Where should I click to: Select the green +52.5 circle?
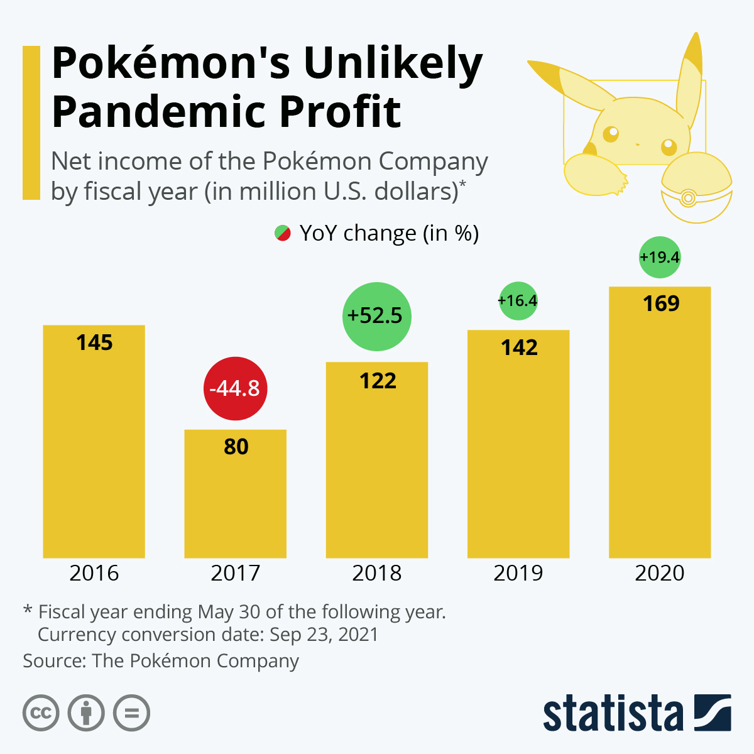376,315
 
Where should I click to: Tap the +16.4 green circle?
518,301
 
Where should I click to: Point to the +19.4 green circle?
660,257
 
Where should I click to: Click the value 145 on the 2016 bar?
94,342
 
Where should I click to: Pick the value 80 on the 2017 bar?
236,447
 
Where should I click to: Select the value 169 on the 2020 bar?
661,303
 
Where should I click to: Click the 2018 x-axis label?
376,573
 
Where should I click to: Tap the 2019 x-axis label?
518,573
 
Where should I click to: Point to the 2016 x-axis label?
94,573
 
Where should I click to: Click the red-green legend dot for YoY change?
283,233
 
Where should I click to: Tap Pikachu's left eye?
610,134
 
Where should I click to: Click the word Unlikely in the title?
393,63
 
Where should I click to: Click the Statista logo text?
613,714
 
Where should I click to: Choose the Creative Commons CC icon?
41,713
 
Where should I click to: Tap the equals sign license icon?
132,713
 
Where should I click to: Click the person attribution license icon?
86,713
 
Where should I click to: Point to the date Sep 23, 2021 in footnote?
324,635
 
